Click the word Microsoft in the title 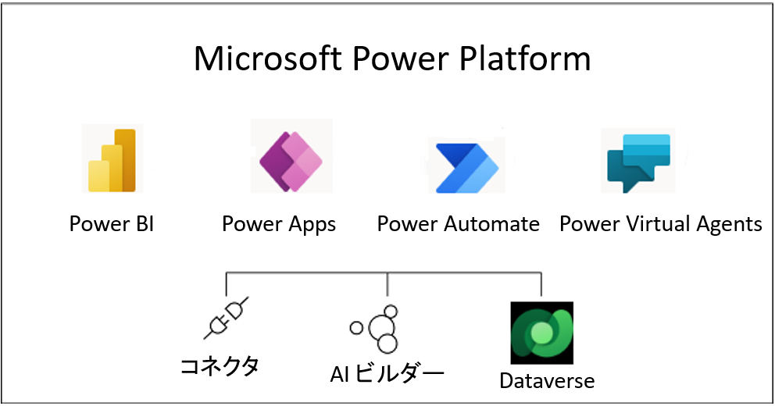(x=267, y=59)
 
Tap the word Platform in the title (x=525, y=59)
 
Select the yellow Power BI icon (x=112, y=160)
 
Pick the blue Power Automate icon (x=467, y=168)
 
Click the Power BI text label (x=112, y=224)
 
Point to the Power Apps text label (x=279, y=225)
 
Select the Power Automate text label (x=458, y=224)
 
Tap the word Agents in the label (x=730, y=225)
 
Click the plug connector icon (x=226, y=318)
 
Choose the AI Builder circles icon (x=374, y=329)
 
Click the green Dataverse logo (x=541, y=333)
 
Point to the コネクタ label (x=220, y=366)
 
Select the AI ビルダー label (x=387, y=374)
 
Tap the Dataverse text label (x=547, y=381)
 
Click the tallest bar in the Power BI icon (x=125, y=160)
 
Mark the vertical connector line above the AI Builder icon (x=387, y=284)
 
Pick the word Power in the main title (x=400, y=59)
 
